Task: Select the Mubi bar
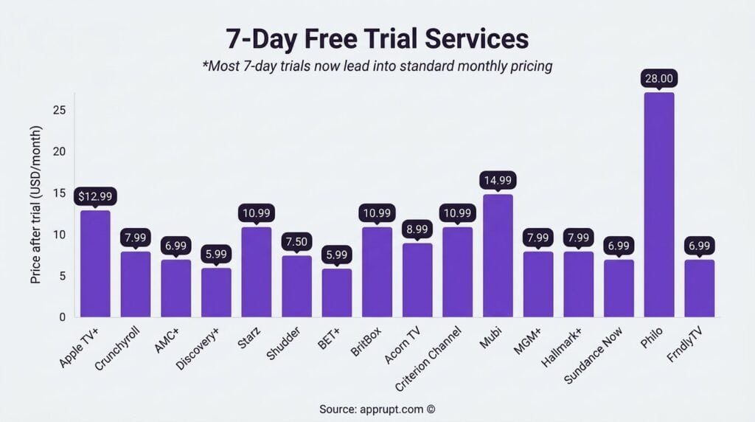pos(498,255)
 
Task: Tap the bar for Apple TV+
pos(95,263)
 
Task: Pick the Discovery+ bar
pos(216,292)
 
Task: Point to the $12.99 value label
pos(95,196)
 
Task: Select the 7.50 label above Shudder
pos(296,241)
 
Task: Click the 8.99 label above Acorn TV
pos(417,229)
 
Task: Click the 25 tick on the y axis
pos(60,111)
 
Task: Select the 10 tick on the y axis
pos(60,235)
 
